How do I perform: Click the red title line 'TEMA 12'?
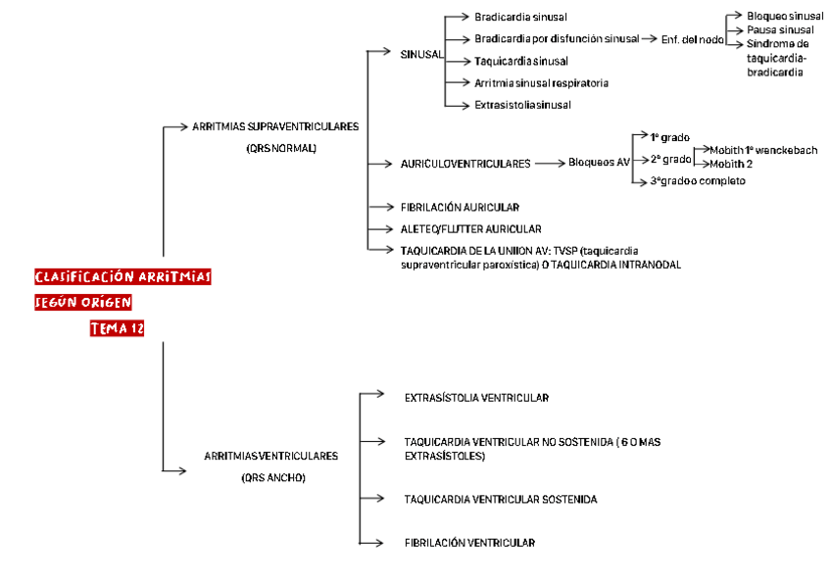click(117, 329)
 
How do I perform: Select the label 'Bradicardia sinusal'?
click(520, 18)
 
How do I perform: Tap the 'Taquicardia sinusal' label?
click(520, 61)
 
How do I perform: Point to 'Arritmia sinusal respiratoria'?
click(541, 83)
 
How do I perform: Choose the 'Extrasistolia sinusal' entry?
click(522, 105)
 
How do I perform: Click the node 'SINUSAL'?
click(421, 54)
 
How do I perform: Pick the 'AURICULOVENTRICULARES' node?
click(465, 164)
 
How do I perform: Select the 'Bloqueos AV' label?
click(599, 163)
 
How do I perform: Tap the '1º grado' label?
click(670, 136)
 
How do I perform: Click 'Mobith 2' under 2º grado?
click(731, 164)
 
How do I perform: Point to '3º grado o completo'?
click(698, 181)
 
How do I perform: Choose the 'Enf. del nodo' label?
click(693, 39)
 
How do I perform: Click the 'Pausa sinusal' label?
click(780, 30)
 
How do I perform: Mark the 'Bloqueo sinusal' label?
click(785, 17)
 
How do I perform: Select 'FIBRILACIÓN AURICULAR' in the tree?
click(460, 208)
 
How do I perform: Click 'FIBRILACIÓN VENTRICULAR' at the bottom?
click(469, 542)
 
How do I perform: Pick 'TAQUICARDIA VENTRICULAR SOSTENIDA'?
click(500, 500)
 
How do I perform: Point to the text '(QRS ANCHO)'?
click(273, 478)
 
